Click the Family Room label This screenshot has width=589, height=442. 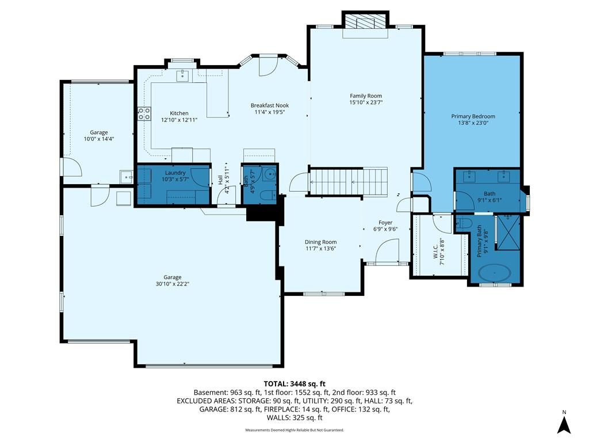coord(365,96)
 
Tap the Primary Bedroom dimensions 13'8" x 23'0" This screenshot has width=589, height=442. coord(473,123)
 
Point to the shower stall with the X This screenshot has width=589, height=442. coord(508,233)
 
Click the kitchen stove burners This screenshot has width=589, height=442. coord(144,114)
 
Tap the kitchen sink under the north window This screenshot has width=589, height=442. coord(183,75)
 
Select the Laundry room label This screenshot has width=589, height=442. coord(175,173)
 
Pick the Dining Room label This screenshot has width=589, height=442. coord(320,242)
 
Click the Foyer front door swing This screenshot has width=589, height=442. coord(387,251)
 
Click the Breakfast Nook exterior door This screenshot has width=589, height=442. coord(268,66)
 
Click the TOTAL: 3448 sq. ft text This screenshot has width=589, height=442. coord(294,384)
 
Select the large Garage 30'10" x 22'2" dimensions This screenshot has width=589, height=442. coord(173,284)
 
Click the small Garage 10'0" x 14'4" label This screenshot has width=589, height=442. coord(99,135)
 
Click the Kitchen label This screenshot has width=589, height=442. coord(179,113)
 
